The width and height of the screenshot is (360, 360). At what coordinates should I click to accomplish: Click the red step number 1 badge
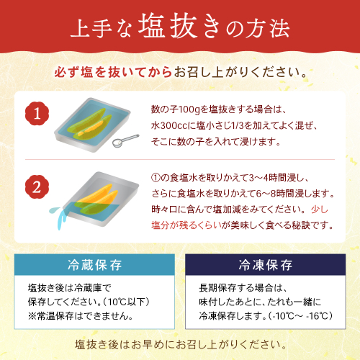[x=37, y=114]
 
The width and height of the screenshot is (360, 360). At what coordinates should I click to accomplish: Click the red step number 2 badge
[x=37, y=187]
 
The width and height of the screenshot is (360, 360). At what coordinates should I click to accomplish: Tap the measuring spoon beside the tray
[x=125, y=141]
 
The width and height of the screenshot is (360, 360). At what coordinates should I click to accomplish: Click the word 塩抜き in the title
[x=179, y=27]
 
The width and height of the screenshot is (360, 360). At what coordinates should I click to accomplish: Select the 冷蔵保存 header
[x=94, y=265]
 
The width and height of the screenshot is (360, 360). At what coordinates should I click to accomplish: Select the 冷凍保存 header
[x=266, y=265]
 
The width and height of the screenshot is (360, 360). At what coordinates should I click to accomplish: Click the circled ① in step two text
[x=156, y=178]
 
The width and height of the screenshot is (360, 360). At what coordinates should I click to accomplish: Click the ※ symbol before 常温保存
[x=32, y=316]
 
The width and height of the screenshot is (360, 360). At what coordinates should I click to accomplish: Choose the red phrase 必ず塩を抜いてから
[x=113, y=72]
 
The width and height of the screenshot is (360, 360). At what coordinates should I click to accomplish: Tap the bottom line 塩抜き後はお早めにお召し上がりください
[x=181, y=345]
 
